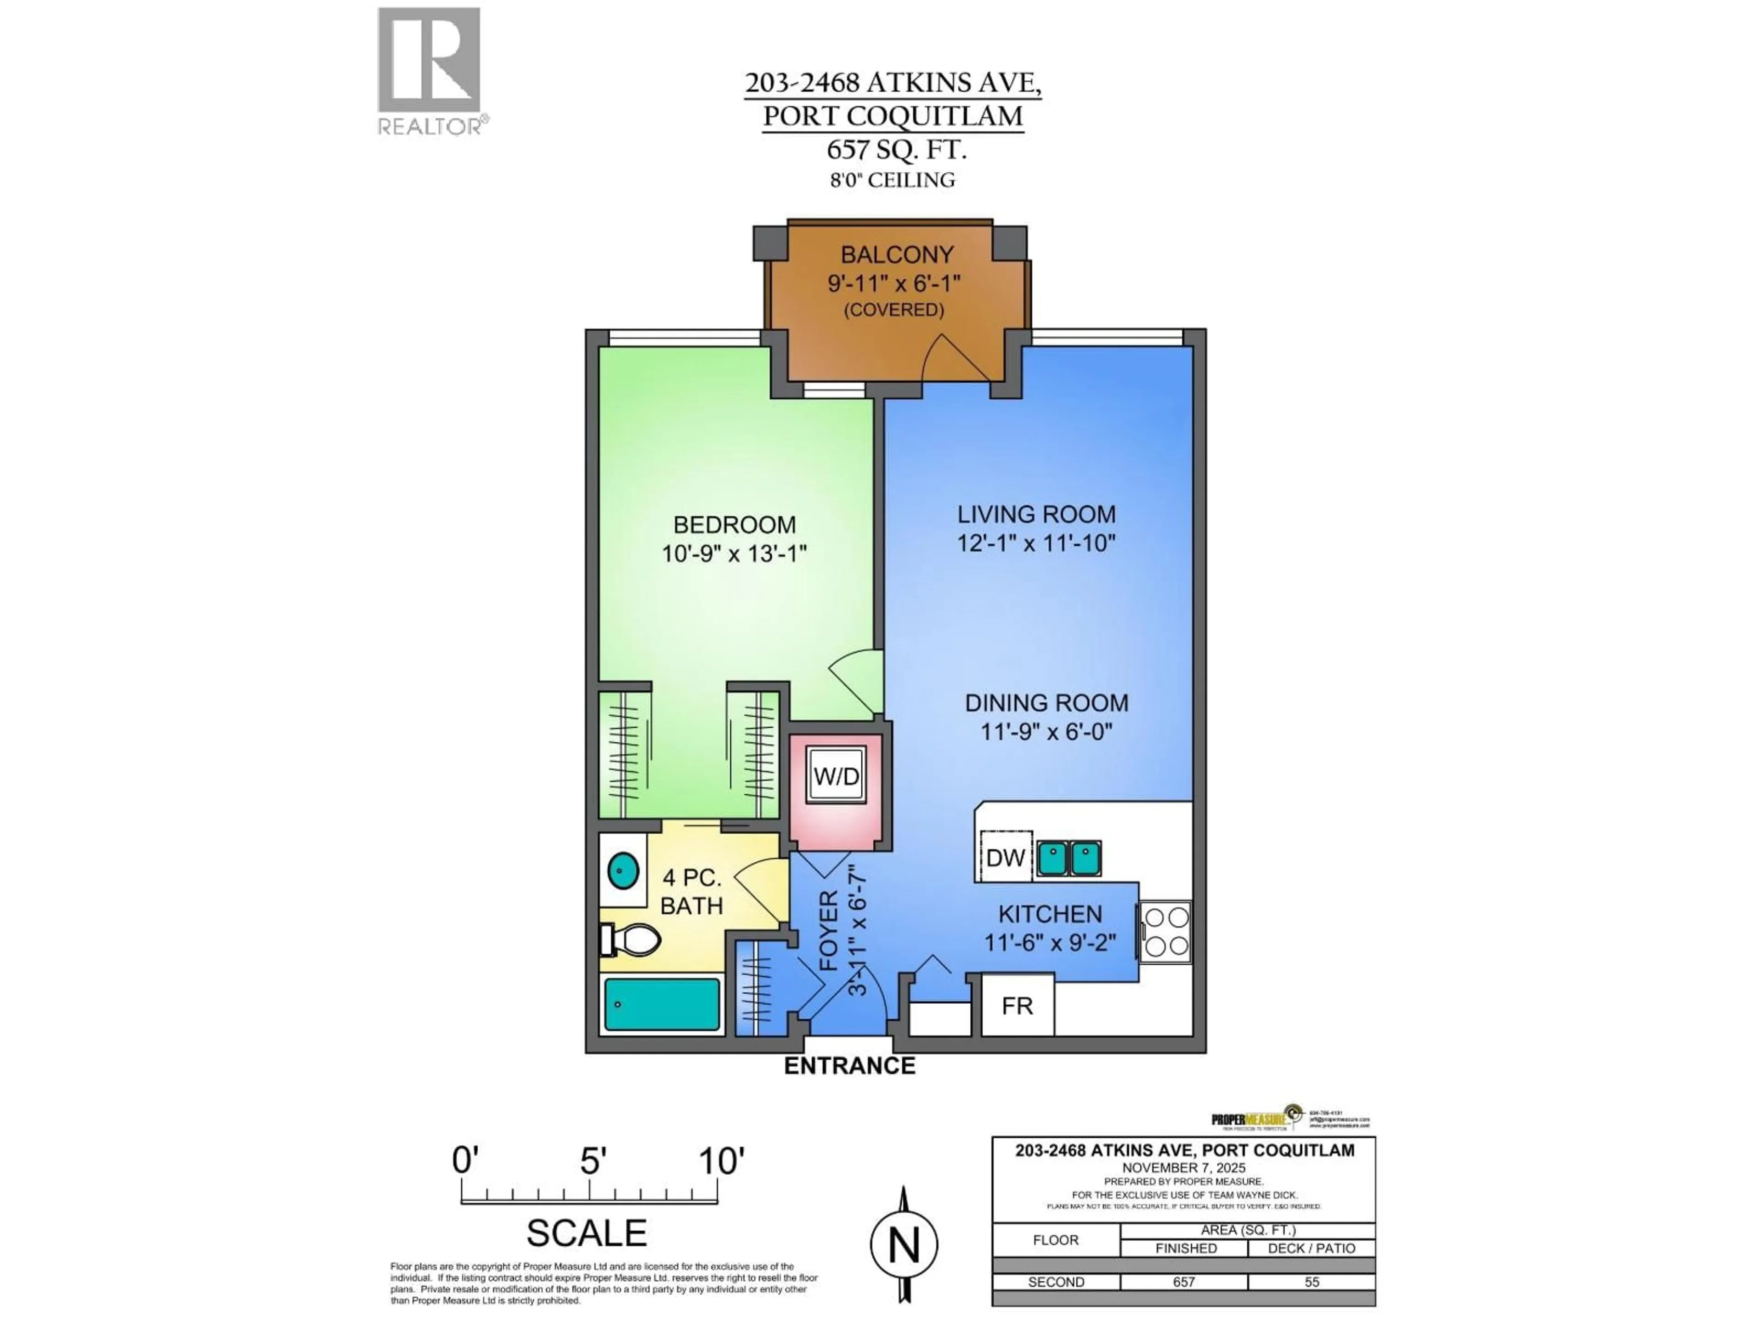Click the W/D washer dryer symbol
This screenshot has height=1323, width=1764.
[836, 776]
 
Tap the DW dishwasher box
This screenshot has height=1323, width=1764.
[1005, 857]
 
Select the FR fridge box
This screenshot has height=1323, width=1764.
[1017, 1006]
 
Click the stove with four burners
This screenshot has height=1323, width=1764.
[1166, 932]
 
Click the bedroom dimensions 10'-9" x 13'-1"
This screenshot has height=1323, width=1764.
[734, 554]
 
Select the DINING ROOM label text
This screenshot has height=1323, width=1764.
[1046, 702]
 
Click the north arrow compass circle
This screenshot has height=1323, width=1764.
[904, 1245]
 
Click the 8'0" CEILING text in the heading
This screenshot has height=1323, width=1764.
[893, 180]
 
